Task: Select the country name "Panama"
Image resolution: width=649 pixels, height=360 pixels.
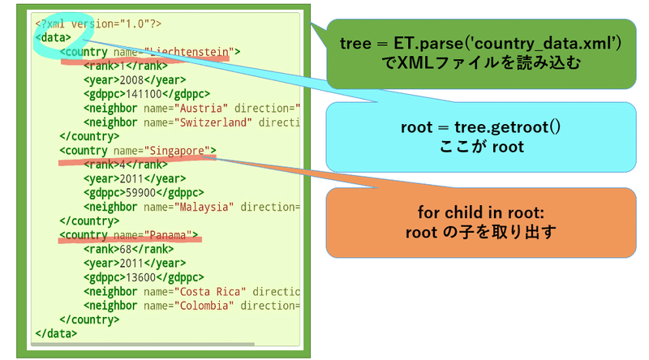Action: [170, 235]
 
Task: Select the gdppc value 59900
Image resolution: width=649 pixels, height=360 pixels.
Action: [135, 193]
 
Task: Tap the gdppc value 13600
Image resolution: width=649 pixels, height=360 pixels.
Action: [135, 277]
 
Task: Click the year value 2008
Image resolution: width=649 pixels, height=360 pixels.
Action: [131, 80]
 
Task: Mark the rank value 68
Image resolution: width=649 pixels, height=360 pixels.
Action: [125, 249]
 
